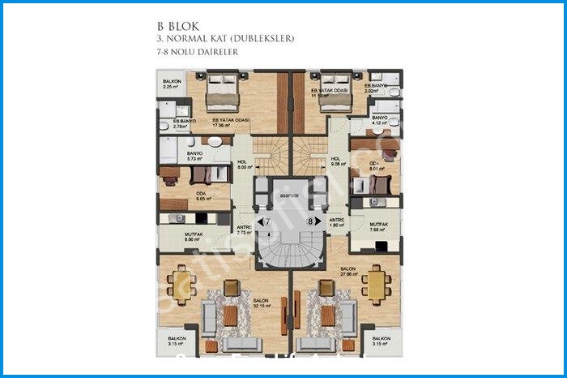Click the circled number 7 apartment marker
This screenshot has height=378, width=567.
[262, 221]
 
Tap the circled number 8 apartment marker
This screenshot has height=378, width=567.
[310, 221]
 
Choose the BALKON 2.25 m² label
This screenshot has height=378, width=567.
[172, 85]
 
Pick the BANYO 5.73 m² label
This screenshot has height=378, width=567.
[194, 156]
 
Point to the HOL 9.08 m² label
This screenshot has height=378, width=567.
[337, 161]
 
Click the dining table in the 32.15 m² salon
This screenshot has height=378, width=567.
[177, 283]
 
